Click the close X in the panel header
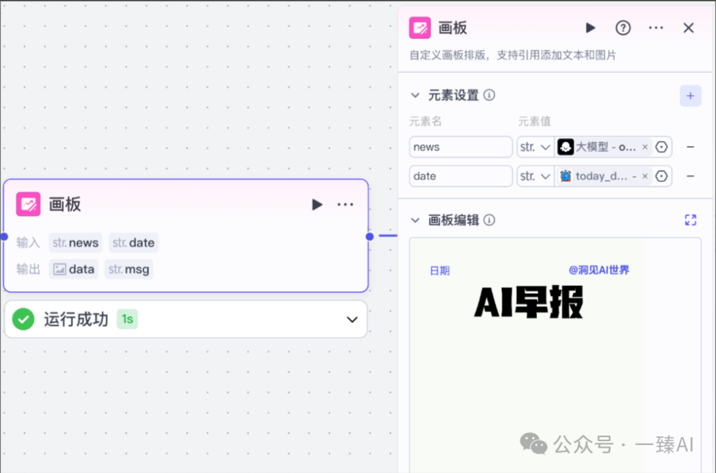click(x=689, y=28)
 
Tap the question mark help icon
click(x=623, y=28)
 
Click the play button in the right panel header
click(x=590, y=28)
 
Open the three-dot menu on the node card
click(x=345, y=204)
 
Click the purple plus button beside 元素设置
click(x=690, y=96)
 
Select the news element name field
click(x=461, y=147)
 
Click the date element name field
click(x=461, y=176)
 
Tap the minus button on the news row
click(x=690, y=147)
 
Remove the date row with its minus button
click(x=690, y=176)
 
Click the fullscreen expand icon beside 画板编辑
click(x=690, y=220)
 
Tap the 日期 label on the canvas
click(x=440, y=270)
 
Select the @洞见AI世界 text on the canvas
click(x=599, y=270)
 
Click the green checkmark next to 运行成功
click(x=23, y=319)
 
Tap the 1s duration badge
click(x=127, y=319)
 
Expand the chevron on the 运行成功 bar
click(x=352, y=320)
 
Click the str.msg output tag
click(x=129, y=269)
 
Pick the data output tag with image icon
click(x=74, y=269)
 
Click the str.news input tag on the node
click(x=76, y=243)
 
